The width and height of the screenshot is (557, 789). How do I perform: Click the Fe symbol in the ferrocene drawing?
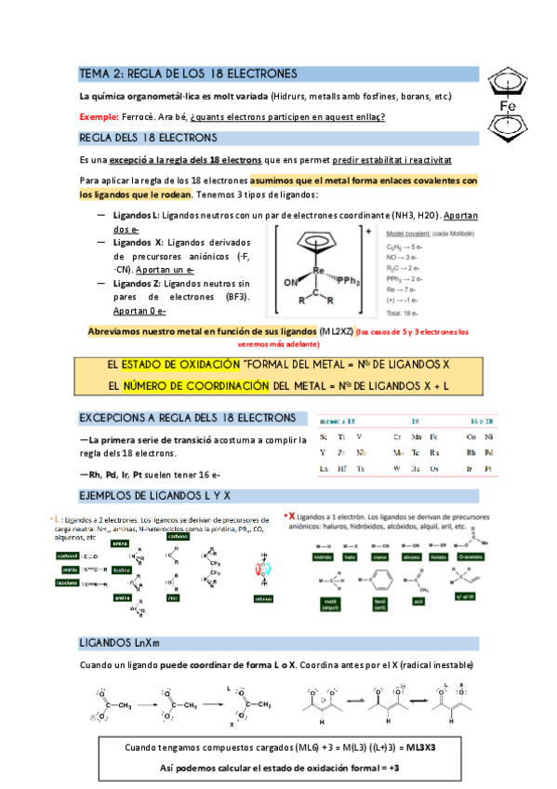[x=508, y=106]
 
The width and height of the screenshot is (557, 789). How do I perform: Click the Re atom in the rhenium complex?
[x=317, y=271]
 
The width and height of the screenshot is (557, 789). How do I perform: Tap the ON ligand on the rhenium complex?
[x=288, y=281]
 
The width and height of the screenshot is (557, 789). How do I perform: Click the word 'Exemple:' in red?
[x=99, y=116]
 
